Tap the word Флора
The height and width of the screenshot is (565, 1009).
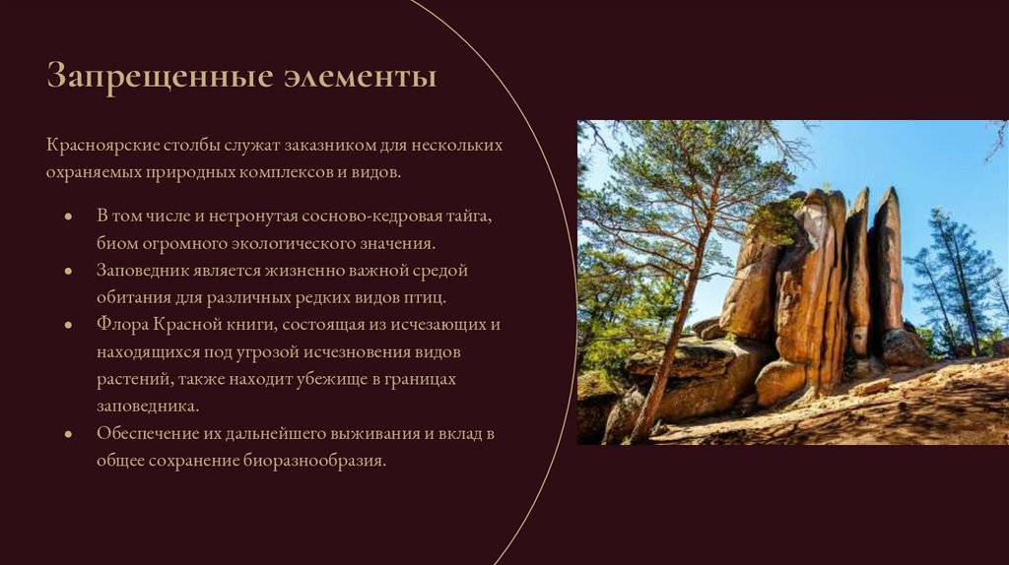121,324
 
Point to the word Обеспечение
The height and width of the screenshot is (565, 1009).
151,432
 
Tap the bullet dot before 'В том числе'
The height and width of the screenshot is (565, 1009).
68,216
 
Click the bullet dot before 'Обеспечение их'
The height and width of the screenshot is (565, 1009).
68,433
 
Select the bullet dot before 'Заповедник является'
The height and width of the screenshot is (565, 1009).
68,270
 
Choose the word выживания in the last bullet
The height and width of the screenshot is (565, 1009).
362,432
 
